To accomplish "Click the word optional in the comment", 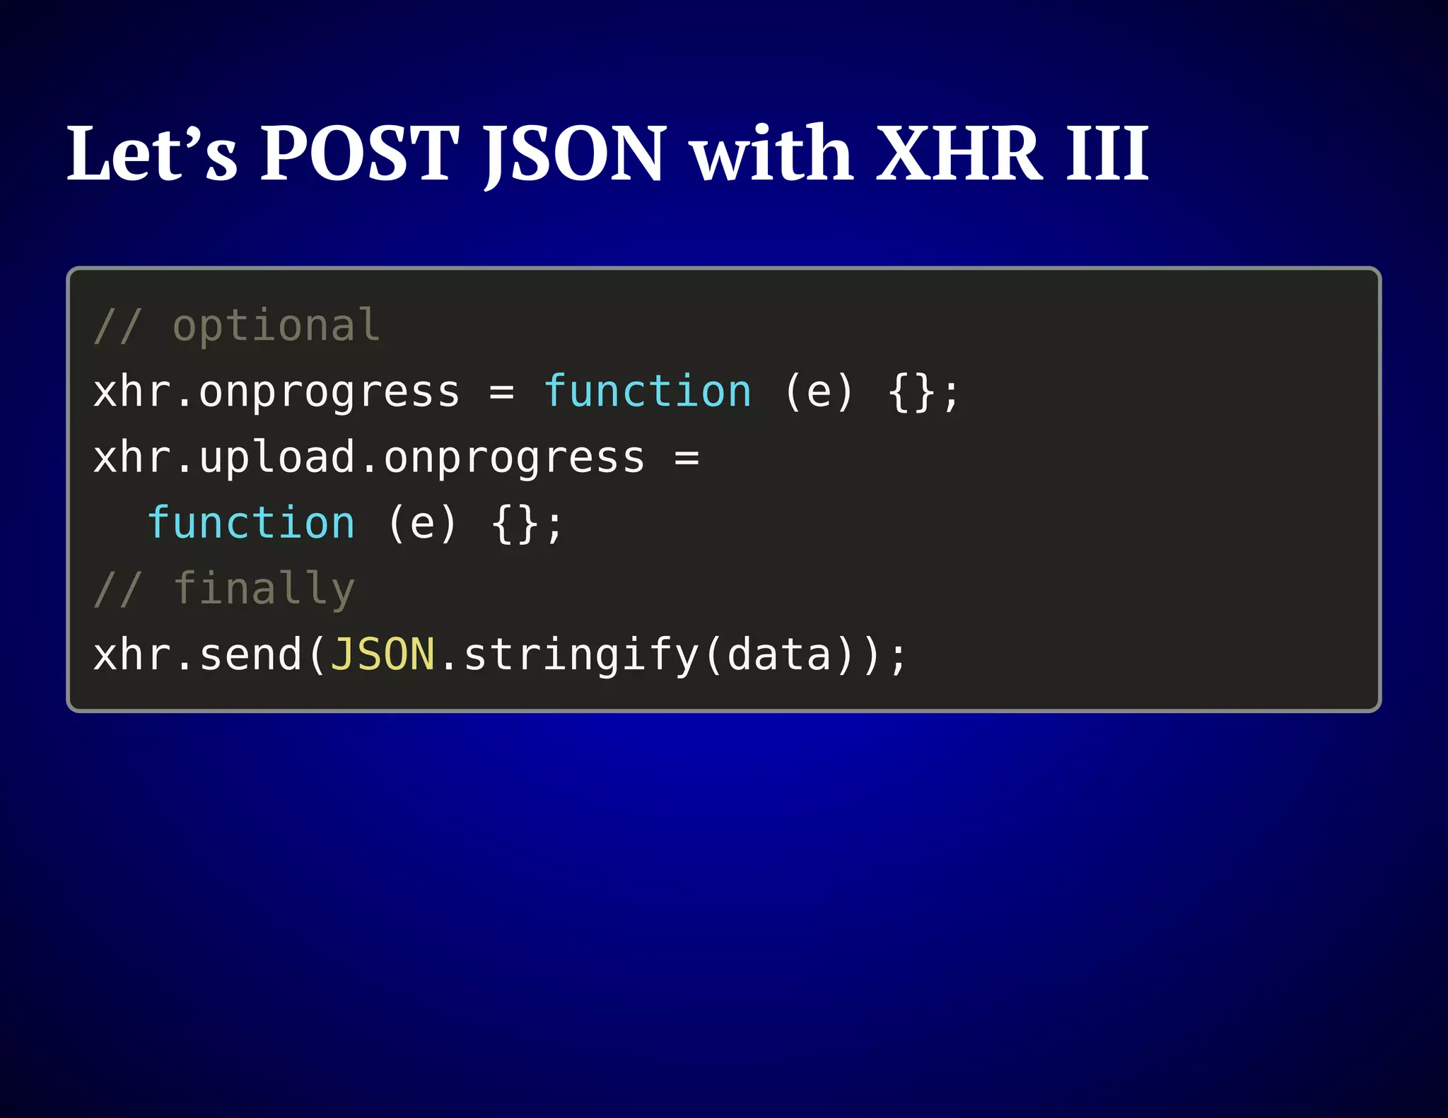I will pyautogui.click(x=276, y=326).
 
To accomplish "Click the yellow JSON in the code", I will pyautogui.click(x=383, y=654).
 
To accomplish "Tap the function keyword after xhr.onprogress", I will pyautogui.click(x=647, y=392).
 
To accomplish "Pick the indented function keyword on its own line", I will pyautogui.click(x=251, y=524).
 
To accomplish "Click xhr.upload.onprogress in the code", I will pyautogui.click(x=369, y=458).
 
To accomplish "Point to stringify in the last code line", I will pyautogui.click(x=581, y=654).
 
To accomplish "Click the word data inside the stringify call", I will pyautogui.click(x=779, y=654).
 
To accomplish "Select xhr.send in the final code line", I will pyautogui.click(x=198, y=654).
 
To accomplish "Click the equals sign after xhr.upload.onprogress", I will pyautogui.click(x=687, y=458).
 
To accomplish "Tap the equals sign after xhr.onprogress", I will pyautogui.click(x=501, y=392).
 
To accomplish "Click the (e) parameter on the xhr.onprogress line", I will pyautogui.click(x=819, y=392).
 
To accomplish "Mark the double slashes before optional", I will pyautogui.click(x=118, y=326).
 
